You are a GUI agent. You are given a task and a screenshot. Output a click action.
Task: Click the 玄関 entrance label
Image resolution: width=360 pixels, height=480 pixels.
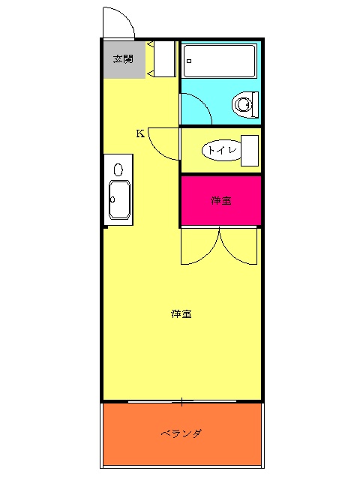pyautogui.click(x=123, y=58)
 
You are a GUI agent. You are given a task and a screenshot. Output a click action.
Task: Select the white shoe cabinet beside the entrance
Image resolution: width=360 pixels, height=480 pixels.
pyautogui.click(x=162, y=58)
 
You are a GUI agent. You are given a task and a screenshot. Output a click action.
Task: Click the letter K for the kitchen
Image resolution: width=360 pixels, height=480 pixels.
pyautogui.click(x=140, y=134)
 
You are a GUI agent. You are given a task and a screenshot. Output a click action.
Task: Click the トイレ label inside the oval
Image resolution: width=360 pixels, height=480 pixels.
pyautogui.click(x=223, y=150)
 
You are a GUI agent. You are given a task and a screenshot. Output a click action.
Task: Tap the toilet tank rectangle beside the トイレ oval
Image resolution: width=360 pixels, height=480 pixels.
pyautogui.click(x=250, y=150)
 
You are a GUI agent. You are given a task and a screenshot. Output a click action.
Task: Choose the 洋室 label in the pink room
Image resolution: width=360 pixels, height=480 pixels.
pyautogui.click(x=220, y=200)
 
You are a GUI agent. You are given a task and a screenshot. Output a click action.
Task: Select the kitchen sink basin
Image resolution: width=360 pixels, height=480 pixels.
pyautogui.click(x=120, y=200)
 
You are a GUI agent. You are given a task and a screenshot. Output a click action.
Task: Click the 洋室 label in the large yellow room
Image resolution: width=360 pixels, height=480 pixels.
pyautogui.click(x=181, y=313)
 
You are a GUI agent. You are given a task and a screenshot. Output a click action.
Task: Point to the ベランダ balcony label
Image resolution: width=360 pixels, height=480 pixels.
pyautogui.click(x=181, y=433)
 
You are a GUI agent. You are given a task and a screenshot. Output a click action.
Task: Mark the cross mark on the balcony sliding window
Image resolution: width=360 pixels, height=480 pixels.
pyautogui.click(x=182, y=402)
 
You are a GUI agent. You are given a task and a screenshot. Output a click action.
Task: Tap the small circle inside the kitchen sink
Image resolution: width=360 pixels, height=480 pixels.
pyautogui.click(x=112, y=199)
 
